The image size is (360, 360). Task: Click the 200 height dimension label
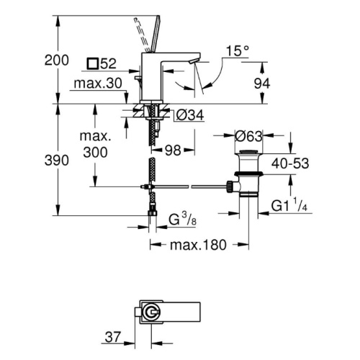[x=57, y=60]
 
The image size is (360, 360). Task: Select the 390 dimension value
[x=57, y=161]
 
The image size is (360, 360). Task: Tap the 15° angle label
[x=237, y=51]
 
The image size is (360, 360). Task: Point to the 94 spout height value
[x=262, y=84]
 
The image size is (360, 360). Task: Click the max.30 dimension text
[x=98, y=84]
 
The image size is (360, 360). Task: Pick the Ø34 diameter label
[x=190, y=115]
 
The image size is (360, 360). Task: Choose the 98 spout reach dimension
[x=173, y=150]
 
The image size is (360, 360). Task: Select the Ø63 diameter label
[x=248, y=136]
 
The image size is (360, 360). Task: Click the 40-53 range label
[x=290, y=163]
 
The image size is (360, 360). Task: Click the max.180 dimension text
[x=198, y=245]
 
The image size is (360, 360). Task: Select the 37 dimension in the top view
[x=113, y=337]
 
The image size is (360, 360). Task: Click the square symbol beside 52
[x=92, y=64]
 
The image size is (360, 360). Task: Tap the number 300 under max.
[x=95, y=153]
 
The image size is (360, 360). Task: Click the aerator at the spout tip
[x=193, y=62]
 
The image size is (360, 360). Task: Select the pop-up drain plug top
[x=249, y=152]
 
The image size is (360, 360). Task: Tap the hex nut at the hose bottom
[x=152, y=212]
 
